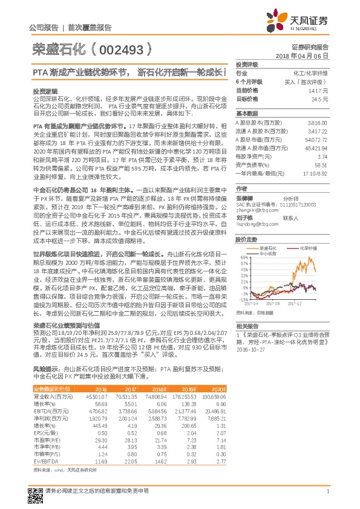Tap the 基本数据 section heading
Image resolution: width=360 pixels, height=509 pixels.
pos(246,114)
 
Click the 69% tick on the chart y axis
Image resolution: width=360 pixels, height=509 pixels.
pos(241,258)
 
